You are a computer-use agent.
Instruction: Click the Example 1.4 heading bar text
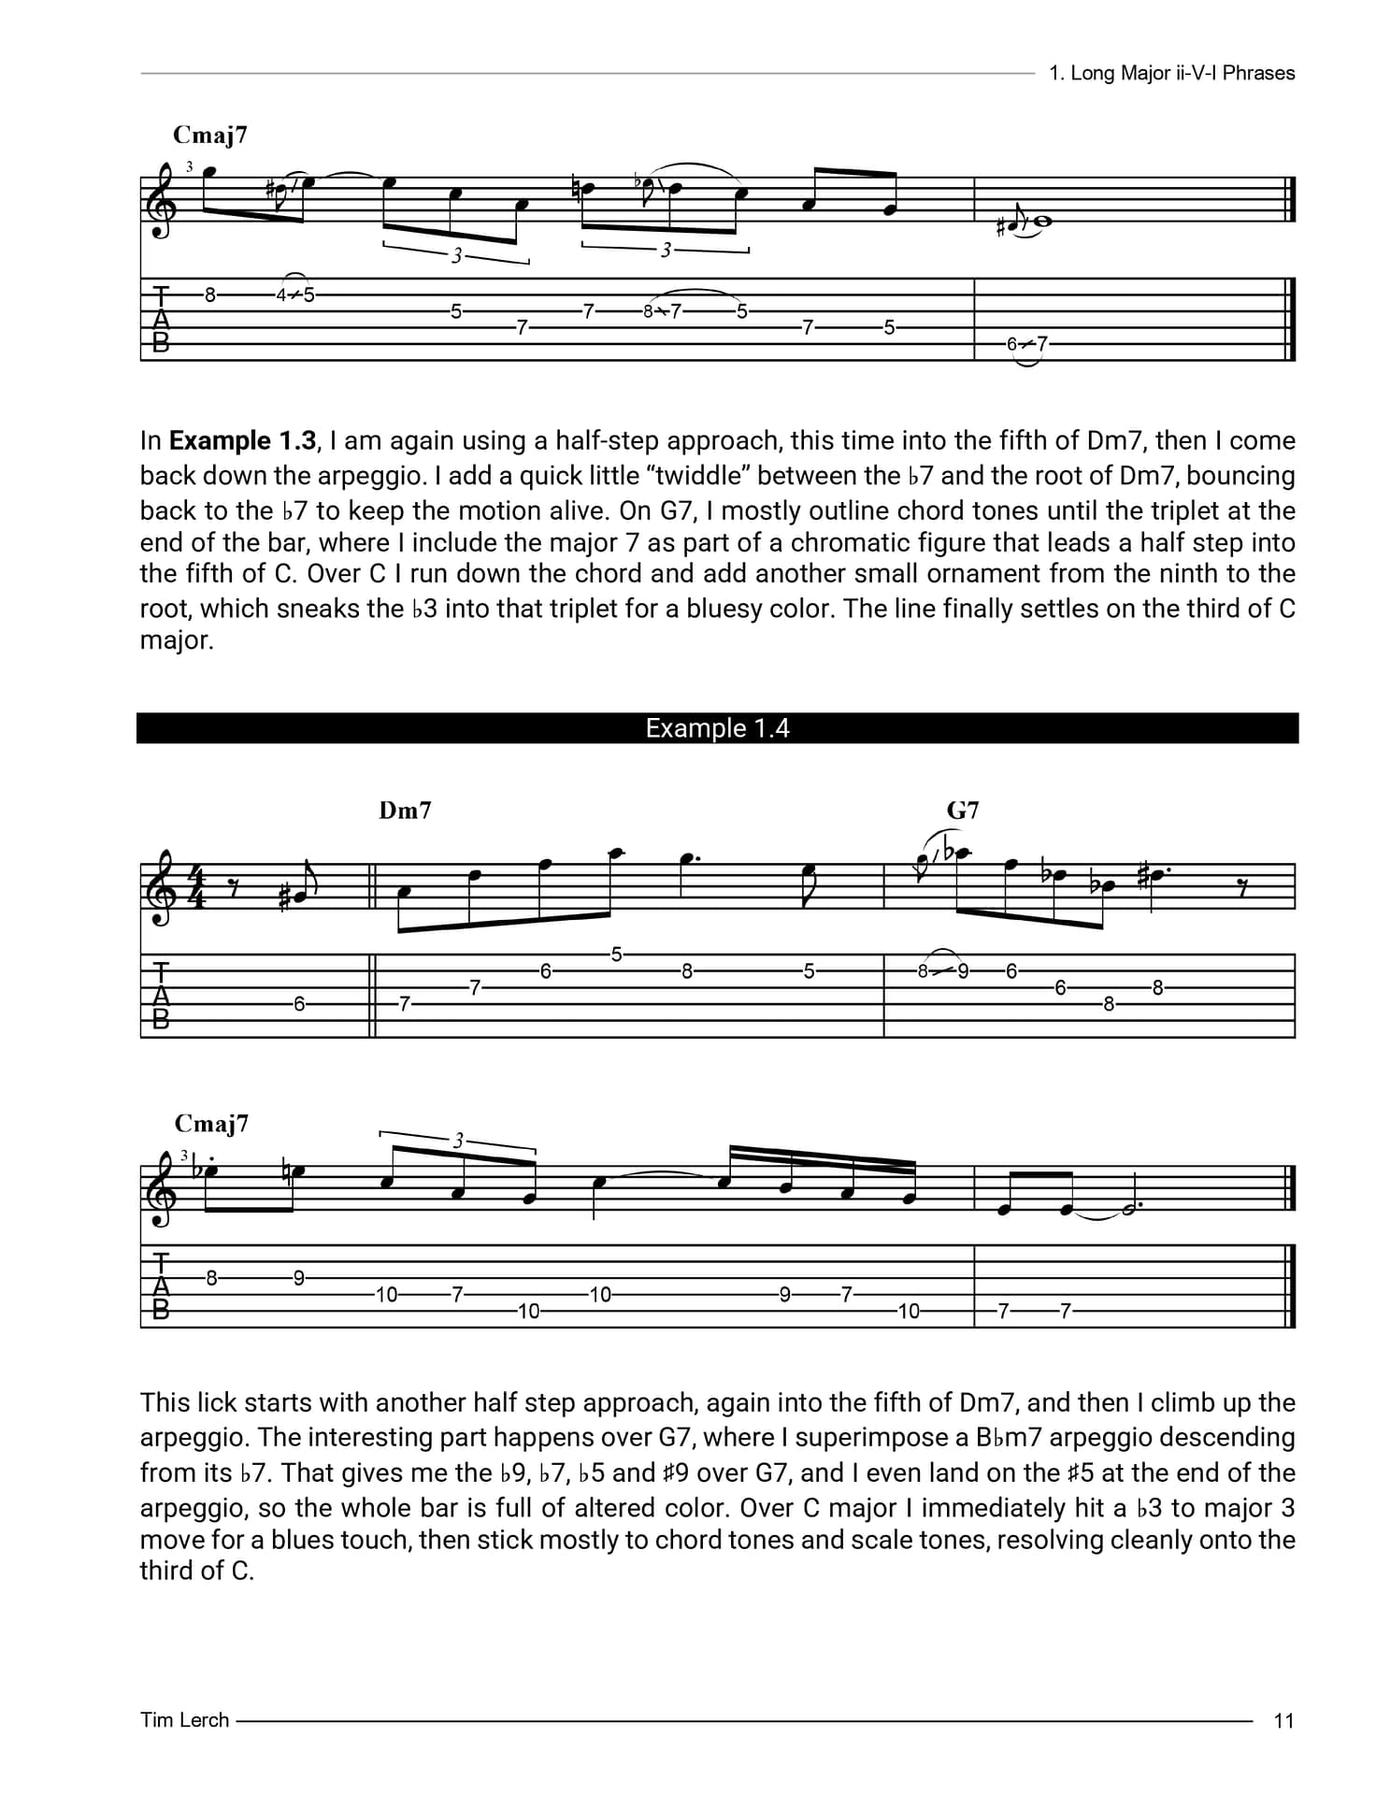pos(717,728)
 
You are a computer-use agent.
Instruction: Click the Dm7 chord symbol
pos(405,811)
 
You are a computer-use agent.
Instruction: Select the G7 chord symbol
pos(963,811)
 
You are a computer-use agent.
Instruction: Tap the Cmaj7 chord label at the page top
pos(210,136)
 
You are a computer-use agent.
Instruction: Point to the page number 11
pos(1283,1720)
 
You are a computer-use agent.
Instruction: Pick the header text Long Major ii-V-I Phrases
pos(1182,73)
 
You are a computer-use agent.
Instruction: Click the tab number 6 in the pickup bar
pos(299,1004)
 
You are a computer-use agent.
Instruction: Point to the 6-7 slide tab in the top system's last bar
pos(1026,344)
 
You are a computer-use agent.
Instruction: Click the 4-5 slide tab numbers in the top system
pos(295,295)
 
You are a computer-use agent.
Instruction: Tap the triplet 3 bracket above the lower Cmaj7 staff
pos(458,1141)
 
